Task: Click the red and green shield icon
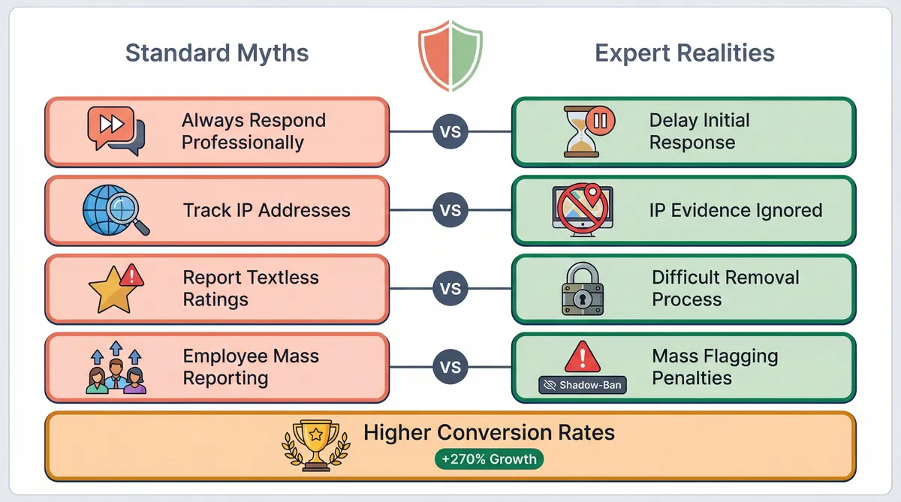pos(450,56)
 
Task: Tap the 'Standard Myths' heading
pos(217,53)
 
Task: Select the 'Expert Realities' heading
pos(685,53)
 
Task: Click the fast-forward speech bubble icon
pos(116,131)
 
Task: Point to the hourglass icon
pos(582,131)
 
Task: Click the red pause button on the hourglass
pos(600,120)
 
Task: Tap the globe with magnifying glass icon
pos(116,210)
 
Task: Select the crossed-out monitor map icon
pos(583,210)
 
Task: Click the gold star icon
pos(113,290)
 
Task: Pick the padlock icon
pos(583,289)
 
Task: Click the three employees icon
pos(116,368)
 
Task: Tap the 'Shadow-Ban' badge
pos(583,385)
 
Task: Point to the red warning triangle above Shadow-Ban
pos(583,357)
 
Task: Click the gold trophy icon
pos(316,445)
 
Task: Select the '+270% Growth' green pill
pos(489,459)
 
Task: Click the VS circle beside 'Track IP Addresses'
pos(450,210)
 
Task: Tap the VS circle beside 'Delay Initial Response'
pos(450,131)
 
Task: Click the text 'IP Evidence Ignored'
pos(736,210)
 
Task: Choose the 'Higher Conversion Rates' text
pos(489,432)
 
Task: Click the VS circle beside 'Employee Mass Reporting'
pos(450,367)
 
